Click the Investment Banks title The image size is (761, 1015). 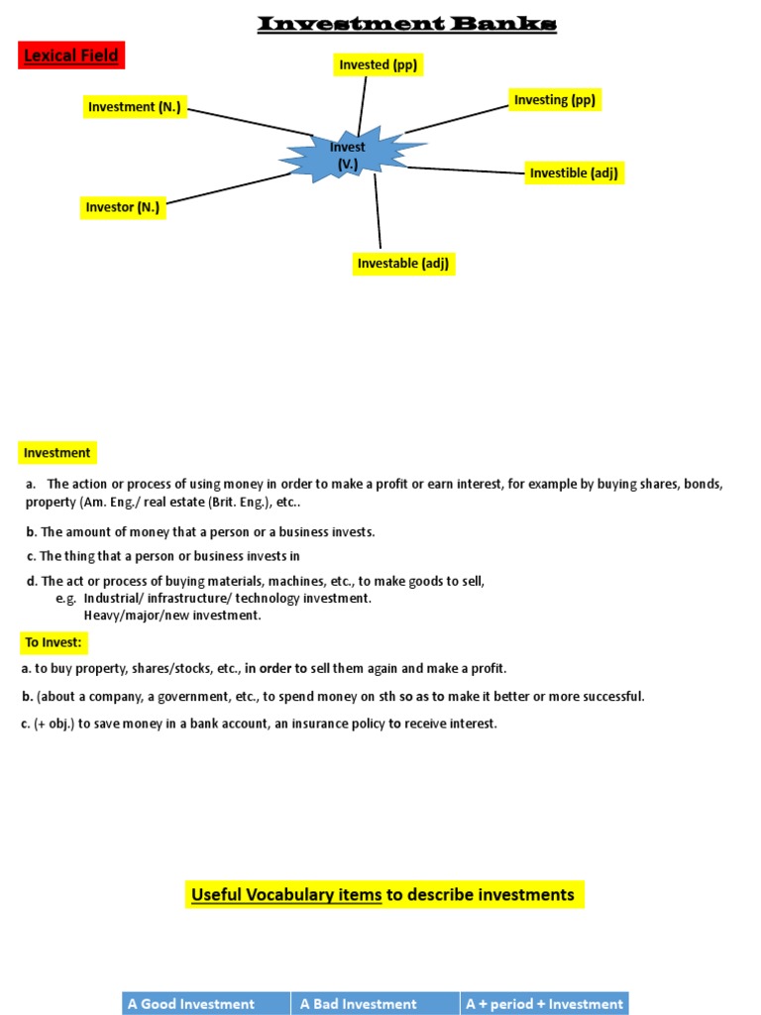pyautogui.click(x=406, y=23)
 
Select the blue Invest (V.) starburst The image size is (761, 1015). pyautogui.click(x=349, y=156)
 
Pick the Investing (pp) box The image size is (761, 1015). pyautogui.click(x=554, y=99)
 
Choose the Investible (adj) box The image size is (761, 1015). pyautogui.click(x=575, y=173)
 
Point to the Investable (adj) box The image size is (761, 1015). pyautogui.click(x=404, y=263)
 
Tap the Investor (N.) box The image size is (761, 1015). pyautogui.click(x=123, y=207)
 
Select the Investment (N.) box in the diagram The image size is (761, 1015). pyautogui.click(x=134, y=107)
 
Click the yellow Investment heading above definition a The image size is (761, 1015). pyautogui.click(x=57, y=453)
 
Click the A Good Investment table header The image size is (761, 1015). pyautogui.click(x=205, y=1003)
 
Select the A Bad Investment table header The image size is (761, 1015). pyautogui.click(x=374, y=1003)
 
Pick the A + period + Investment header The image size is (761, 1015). pyautogui.click(x=545, y=1003)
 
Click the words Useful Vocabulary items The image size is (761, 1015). pyautogui.click(x=286, y=895)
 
